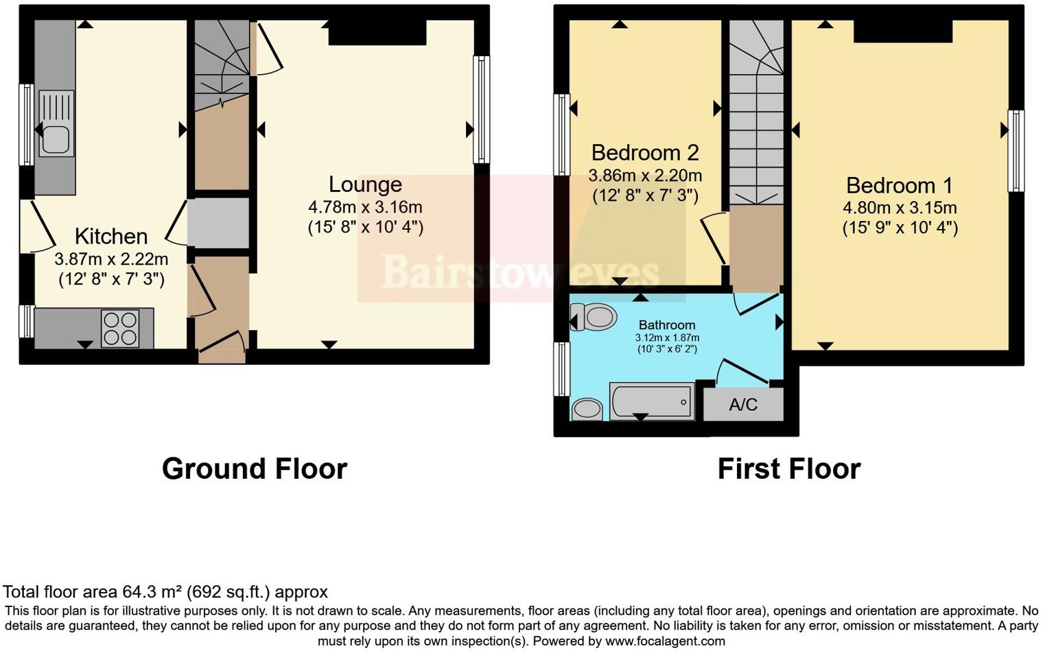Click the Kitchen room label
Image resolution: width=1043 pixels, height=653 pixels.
pyautogui.click(x=111, y=236)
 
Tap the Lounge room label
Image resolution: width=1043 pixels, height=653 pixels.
pyautogui.click(x=365, y=184)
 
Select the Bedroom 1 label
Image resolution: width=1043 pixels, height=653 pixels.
pyautogui.click(x=900, y=185)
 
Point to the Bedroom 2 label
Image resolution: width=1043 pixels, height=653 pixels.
pyautogui.click(x=645, y=152)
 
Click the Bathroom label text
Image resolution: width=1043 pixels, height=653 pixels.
pyautogui.click(x=667, y=324)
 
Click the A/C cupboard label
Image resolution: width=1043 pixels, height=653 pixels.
pyautogui.click(x=743, y=405)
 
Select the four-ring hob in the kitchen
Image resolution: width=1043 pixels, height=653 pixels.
pyautogui.click(x=120, y=328)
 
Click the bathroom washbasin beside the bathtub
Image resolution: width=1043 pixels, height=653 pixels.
pyautogui.click(x=587, y=409)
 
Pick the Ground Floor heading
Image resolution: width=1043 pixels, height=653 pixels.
pyautogui.click(x=255, y=469)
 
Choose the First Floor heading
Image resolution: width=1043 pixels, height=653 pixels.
pyautogui.click(x=788, y=469)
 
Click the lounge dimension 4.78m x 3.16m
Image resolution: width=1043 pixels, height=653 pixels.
pyautogui.click(x=365, y=206)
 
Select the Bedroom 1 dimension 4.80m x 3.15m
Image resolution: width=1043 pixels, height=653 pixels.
pyautogui.click(x=900, y=208)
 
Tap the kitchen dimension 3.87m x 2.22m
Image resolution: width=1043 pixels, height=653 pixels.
pyautogui.click(x=111, y=259)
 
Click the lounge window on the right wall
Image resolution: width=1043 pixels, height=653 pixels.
pyautogui.click(x=482, y=110)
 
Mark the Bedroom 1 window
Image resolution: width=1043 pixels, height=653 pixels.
pyautogui.click(x=1016, y=151)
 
